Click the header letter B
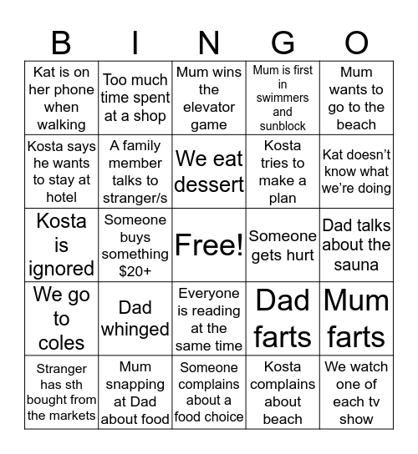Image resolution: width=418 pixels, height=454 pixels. click(61, 42)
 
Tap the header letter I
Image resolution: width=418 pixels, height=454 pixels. click(135, 42)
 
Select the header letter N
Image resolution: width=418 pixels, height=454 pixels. click(209, 42)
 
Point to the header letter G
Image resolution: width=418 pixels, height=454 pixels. click(283, 42)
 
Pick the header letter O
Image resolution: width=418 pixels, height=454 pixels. click(356, 42)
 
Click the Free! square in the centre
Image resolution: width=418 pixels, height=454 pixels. click(209, 245)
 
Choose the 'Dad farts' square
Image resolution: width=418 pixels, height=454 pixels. click(283, 318)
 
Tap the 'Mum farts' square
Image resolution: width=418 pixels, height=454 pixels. click(356, 318)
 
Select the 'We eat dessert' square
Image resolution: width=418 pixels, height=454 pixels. click(209, 171)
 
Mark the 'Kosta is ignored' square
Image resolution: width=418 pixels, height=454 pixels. click(61, 245)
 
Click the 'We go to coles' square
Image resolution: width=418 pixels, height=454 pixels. click(61, 318)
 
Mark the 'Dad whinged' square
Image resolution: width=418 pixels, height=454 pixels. click(135, 318)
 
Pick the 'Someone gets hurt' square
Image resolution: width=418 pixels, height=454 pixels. click(283, 245)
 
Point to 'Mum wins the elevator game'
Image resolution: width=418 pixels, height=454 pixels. click(209, 98)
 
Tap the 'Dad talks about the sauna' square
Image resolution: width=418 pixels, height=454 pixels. click(356, 245)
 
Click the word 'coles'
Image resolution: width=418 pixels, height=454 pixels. click(61, 342)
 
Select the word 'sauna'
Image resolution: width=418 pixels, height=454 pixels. click(356, 265)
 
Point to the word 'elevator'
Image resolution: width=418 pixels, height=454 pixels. click(209, 108)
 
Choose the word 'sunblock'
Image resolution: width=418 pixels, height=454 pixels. click(283, 126)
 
